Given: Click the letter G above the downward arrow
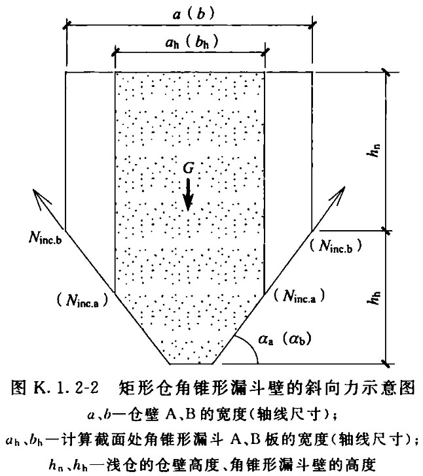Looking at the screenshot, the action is tap(189, 168).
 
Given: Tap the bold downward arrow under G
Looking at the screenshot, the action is tap(188, 195).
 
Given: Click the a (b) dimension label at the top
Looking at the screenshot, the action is tap(194, 14).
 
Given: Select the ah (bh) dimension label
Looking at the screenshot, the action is tap(192, 42).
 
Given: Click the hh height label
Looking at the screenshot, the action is tap(375, 297).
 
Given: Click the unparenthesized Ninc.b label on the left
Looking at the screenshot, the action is tap(46, 237).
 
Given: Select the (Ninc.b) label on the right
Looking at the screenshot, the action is tap(336, 246).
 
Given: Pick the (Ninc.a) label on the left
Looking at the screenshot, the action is tap(82, 301).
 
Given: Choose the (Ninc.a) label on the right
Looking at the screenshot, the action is tap(299, 296).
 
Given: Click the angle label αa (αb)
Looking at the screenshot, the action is tap(285, 339).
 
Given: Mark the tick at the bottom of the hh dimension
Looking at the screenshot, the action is tap(386, 364).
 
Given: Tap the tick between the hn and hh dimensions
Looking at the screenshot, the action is tap(386, 231).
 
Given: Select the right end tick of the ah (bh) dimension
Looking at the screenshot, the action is tap(265, 52).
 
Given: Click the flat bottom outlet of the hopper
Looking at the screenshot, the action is tap(191, 364).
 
